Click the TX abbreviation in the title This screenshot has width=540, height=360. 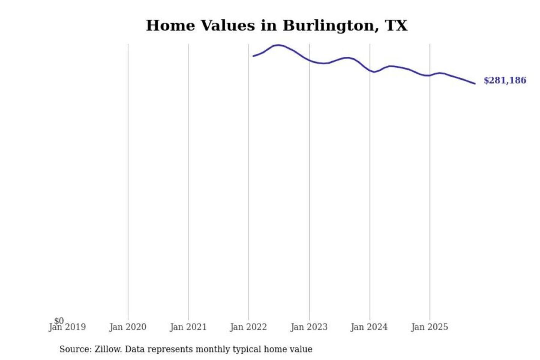coord(396,25)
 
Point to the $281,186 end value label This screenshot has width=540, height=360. coord(505,80)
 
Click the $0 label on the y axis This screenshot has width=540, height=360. coord(59,321)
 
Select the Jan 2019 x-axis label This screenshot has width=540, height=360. coord(67,327)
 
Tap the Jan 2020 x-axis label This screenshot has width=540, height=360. coord(128,327)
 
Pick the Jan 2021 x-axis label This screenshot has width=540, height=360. coord(188,327)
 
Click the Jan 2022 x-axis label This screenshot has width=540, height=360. coord(248,327)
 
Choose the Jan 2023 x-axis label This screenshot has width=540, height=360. coord(309,327)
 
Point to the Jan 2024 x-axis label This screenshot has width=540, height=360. coord(369,327)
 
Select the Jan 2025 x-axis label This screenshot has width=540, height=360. coord(429,327)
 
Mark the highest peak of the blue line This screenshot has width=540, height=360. coord(278,45)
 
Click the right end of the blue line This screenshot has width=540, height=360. coord(475,84)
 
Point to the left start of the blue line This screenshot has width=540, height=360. coord(253,56)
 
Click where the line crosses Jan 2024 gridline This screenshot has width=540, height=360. coord(370,70)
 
